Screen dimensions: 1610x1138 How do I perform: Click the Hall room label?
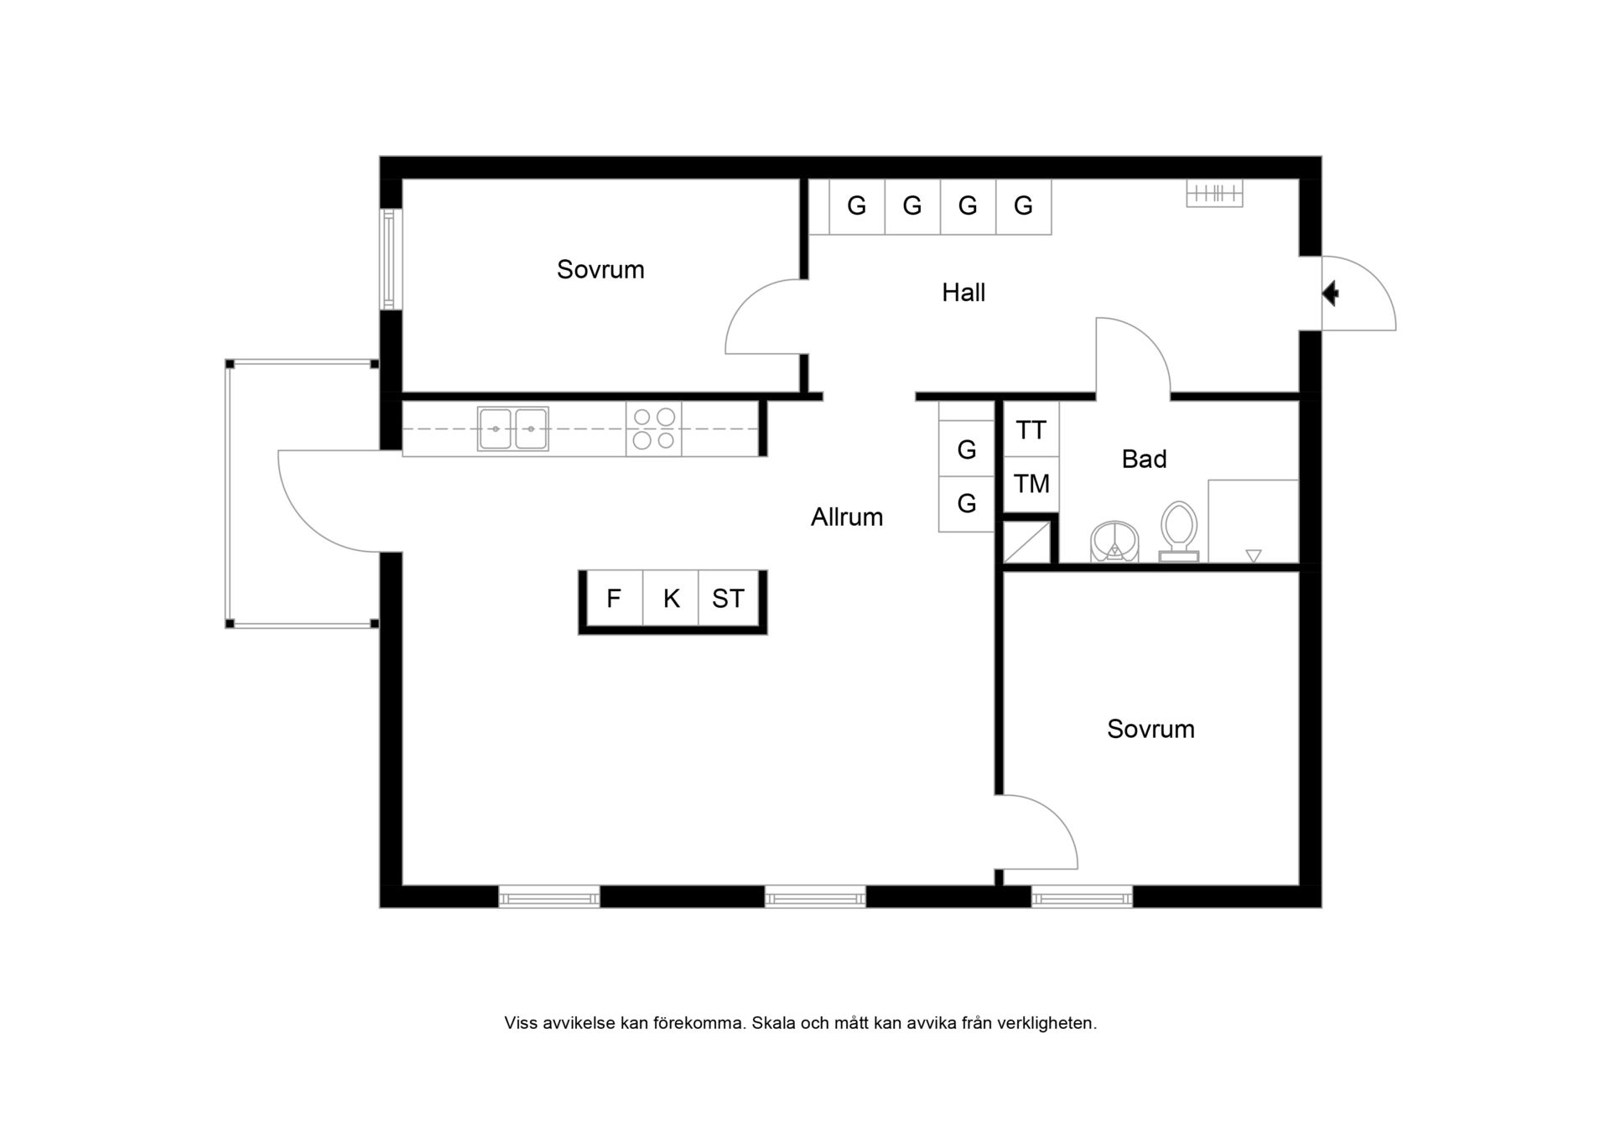coord(963,293)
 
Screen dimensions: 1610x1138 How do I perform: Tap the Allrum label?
coord(847,517)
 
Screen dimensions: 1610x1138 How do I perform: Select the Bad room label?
coord(1144,459)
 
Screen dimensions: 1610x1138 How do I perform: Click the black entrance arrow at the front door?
coord(1330,294)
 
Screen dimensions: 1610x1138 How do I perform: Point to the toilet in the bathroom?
coord(1179,532)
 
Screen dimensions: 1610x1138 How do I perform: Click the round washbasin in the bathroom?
coord(1114,541)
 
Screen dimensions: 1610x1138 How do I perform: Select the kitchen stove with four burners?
coord(653,429)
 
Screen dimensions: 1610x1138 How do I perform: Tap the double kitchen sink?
coord(513,429)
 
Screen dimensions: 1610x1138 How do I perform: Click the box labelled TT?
coord(1031,429)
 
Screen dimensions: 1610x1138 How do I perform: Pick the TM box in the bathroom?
coord(1031,484)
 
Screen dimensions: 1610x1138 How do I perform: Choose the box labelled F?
coord(615,598)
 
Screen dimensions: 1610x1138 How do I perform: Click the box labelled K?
coord(671,598)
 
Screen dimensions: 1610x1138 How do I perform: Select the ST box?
coord(728,598)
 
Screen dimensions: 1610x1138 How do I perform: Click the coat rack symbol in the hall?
coord(1214,194)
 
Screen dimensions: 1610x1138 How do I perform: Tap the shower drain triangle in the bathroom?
coord(1254,555)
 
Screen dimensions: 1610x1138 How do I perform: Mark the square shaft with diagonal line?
coord(1027,543)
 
